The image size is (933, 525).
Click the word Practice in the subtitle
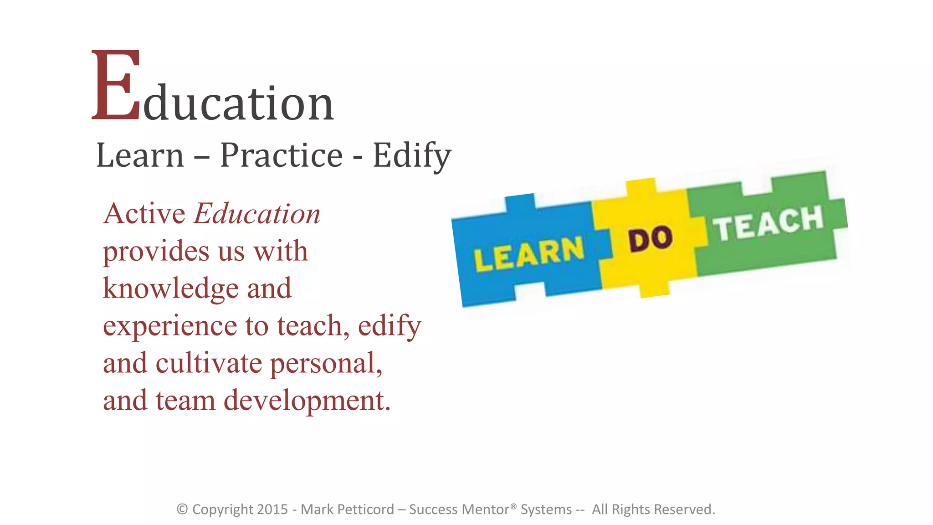tap(281, 155)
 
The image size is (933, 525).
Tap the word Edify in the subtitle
tap(411, 155)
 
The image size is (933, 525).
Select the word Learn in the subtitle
tap(140, 155)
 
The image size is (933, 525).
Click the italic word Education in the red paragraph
tap(257, 214)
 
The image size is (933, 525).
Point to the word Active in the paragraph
tap(144, 214)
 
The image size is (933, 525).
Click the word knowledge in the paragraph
tap(171, 289)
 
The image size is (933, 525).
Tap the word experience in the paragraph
tap(169, 326)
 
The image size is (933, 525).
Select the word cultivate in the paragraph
tap(209, 363)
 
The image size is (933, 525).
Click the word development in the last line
tap(307, 401)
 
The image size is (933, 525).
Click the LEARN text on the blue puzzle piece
tap(529, 254)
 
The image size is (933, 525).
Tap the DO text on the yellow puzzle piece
tap(650, 239)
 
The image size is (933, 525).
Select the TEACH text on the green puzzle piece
tap(769, 223)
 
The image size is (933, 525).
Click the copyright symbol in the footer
tap(182, 509)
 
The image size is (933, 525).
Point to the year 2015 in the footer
tap(272, 509)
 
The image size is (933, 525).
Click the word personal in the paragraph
tap(326, 364)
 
